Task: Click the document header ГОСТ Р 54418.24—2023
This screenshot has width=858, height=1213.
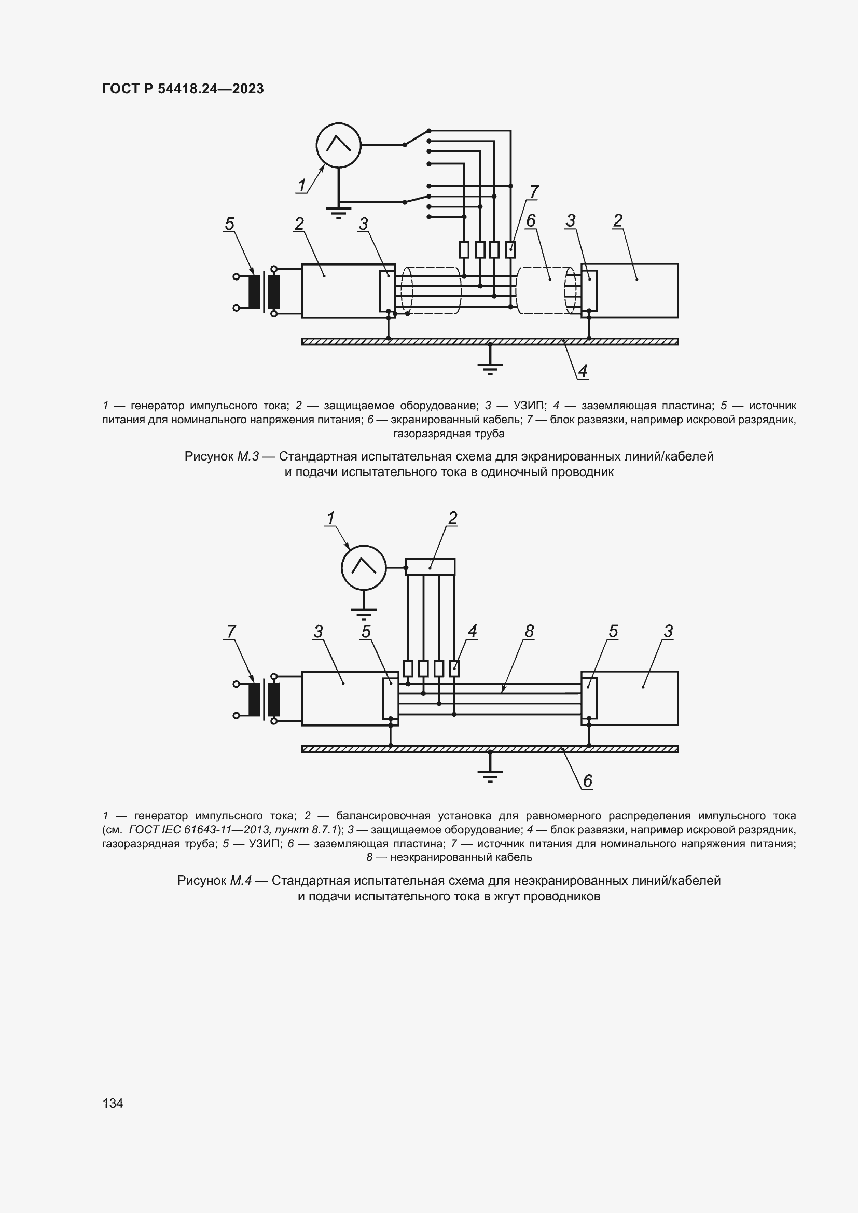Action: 183,89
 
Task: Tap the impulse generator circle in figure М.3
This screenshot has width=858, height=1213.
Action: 338,145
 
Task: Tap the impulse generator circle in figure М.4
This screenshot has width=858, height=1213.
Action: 364,568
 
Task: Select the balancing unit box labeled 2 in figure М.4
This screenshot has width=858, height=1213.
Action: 430,567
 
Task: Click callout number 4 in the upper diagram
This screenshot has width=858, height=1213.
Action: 583,371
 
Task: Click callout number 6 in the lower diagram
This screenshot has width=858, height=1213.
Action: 588,781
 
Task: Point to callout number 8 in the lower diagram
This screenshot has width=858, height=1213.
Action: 529,631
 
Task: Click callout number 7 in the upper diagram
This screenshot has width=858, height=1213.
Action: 534,192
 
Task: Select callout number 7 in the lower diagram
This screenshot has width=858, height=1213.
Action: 231,631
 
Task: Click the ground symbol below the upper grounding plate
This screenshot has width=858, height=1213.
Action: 490,368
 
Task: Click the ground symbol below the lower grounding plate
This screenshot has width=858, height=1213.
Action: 490,775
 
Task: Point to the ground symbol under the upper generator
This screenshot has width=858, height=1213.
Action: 338,213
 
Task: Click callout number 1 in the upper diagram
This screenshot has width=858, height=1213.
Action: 302,186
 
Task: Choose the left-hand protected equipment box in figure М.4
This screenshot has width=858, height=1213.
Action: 341,699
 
